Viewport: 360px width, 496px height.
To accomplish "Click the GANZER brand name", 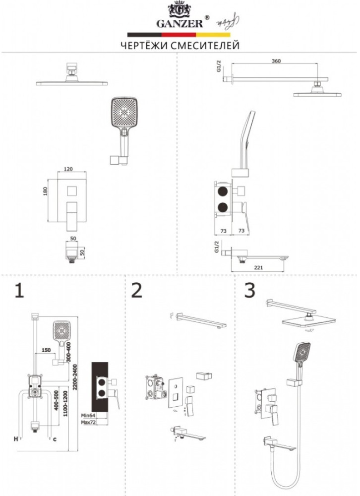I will (x=180, y=22).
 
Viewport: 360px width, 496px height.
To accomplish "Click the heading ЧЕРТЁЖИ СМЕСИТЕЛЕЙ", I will (x=180, y=46).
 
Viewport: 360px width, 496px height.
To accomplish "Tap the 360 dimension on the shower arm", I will (x=277, y=61).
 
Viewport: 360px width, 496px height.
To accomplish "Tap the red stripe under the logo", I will (x=180, y=35).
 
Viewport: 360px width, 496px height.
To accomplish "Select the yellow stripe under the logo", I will (x=214, y=35).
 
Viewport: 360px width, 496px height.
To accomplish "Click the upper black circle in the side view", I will (x=221, y=190).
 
